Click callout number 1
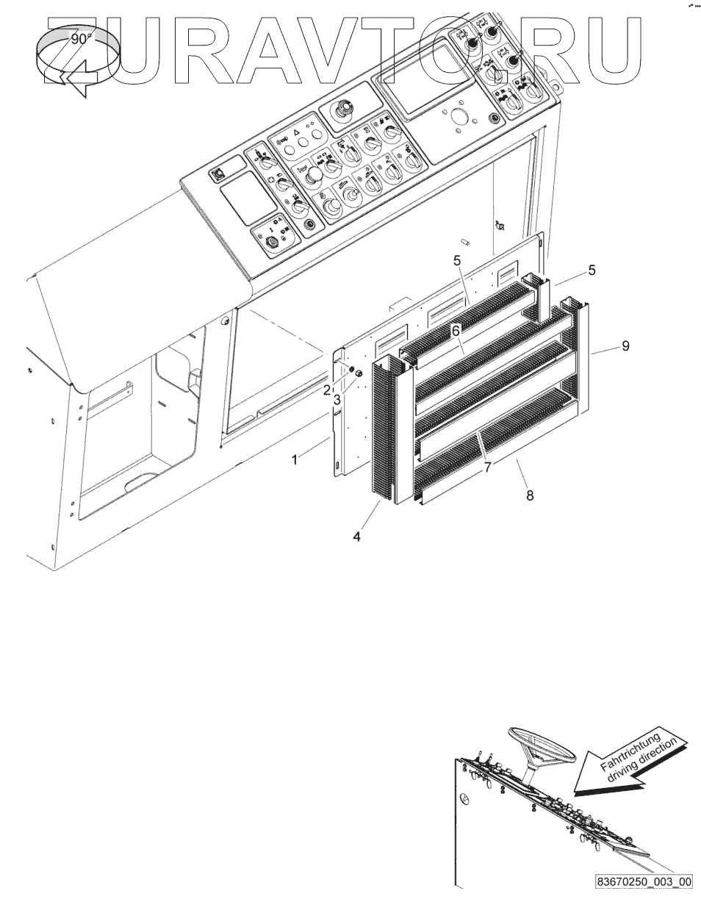coord(295,460)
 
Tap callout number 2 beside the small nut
coord(327,390)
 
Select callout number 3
coord(337,400)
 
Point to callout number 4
coord(356,537)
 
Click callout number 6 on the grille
coord(456,331)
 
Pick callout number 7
coord(488,467)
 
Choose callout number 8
coord(530,495)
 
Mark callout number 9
coord(625,346)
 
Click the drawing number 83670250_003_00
coord(644,890)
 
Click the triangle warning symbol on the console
coord(297,133)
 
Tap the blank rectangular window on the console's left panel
coord(248,198)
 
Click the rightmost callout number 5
coord(592,270)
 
